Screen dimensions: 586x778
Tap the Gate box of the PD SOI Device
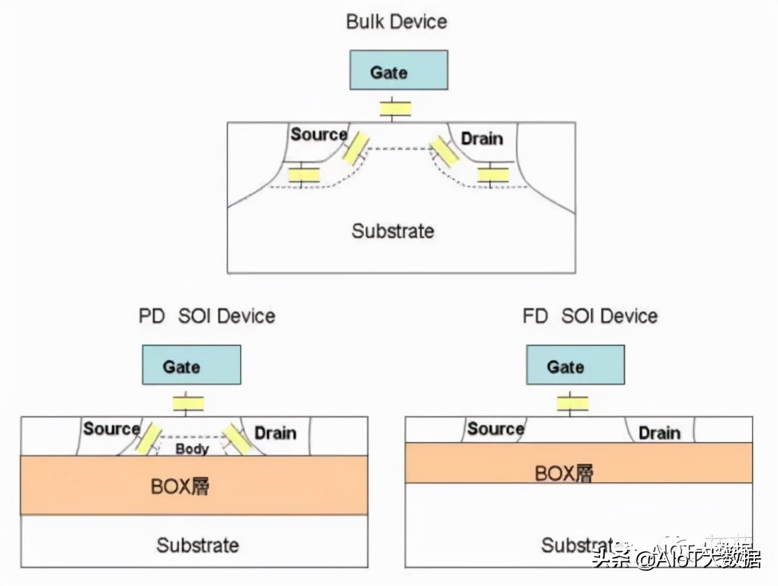191,365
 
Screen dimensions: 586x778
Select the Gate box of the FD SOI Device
575,365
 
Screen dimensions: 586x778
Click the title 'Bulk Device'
396,22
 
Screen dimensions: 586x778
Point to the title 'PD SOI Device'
207,316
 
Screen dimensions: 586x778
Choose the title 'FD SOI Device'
590,316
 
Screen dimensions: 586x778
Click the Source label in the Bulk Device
318,134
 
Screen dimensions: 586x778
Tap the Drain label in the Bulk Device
482,139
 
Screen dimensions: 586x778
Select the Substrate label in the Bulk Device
393,231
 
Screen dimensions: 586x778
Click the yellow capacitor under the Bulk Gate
396,109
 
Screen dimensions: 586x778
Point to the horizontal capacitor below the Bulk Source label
304,175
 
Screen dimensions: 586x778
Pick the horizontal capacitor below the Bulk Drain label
493,175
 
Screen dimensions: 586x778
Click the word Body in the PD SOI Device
192,449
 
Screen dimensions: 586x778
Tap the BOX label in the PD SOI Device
180,487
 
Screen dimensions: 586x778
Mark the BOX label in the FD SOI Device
563,473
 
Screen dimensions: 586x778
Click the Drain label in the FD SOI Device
659,433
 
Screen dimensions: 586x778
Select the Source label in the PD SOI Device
111,429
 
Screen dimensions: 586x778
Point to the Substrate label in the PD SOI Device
198,545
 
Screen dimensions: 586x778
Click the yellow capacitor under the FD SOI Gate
573,403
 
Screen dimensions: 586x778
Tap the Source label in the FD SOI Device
495,429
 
